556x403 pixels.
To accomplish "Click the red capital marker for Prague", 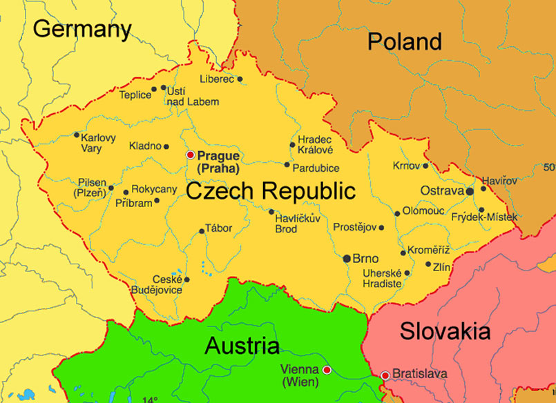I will coord(191,155).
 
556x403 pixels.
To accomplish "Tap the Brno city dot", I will coord(347,258).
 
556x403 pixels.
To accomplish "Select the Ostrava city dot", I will coord(470,190).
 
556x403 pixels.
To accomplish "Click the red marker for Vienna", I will coord(327,370).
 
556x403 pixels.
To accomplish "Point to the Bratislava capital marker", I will coord(385,375).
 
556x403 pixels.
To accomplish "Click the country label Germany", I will coord(82,29).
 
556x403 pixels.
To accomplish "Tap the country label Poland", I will coord(404,41).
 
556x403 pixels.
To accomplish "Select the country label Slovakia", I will coord(445,331).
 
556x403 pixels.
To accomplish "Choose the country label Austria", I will coord(242,346).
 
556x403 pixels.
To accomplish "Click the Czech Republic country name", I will coord(271,190).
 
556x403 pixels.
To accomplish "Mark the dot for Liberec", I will coord(240,79).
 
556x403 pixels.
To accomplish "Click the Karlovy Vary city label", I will coord(98,142).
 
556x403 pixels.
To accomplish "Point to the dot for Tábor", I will coord(202,231).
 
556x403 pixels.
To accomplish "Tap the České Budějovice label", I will coord(157,284).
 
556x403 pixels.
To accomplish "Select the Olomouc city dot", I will coord(397,213).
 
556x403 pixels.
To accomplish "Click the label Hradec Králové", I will coord(316,144).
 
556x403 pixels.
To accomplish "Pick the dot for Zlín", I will coord(428,264).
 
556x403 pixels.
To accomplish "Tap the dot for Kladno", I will coord(166,146).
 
